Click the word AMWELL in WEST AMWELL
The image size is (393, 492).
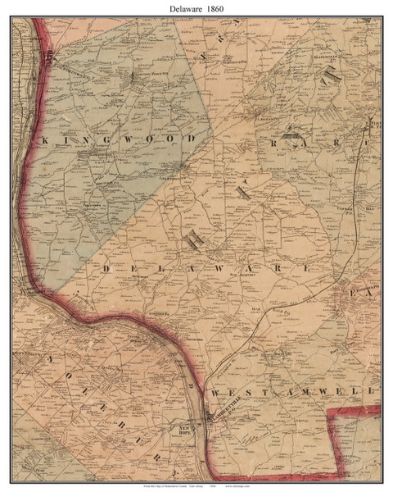click(x=327, y=393)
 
